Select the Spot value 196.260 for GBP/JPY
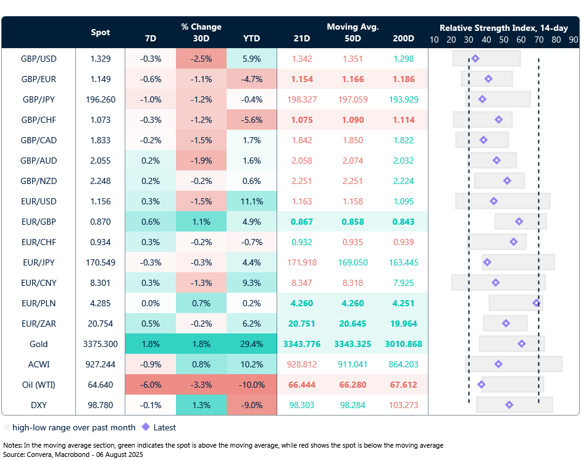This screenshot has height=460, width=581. (101, 99)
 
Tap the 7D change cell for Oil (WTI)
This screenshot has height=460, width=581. (150, 385)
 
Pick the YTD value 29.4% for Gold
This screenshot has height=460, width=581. (251, 344)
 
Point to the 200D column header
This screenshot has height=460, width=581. (404, 38)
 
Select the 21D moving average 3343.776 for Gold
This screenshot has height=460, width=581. (302, 344)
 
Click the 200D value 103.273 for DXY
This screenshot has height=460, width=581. (404, 405)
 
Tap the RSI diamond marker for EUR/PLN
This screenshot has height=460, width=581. (537, 303)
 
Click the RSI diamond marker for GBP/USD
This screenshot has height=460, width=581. (475, 59)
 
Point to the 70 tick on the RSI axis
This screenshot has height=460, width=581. (539, 40)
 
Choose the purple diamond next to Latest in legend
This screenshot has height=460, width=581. (146, 427)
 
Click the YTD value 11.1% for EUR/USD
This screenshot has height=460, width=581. (251, 201)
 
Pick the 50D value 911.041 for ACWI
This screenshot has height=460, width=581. (353, 364)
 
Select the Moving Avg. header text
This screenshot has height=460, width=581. (353, 27)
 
